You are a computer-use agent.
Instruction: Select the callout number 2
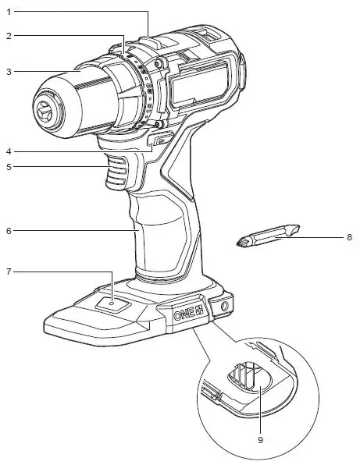[x=8, y=36]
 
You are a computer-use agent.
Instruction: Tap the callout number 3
[x=8, y=72]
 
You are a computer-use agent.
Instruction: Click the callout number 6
[x=8, y=230]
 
